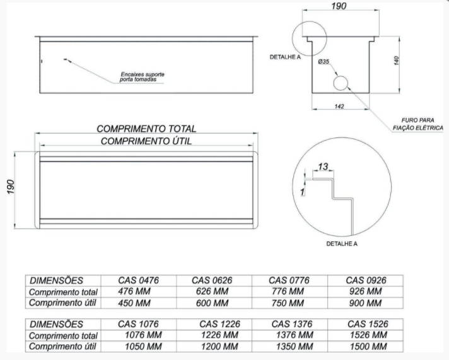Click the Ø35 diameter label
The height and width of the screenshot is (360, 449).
pos(324,62)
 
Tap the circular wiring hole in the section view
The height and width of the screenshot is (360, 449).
pos(341,83)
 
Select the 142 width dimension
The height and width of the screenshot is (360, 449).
pos(339,107)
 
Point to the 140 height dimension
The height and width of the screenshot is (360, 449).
pos(396,61)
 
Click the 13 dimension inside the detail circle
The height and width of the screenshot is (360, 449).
pos(323,166)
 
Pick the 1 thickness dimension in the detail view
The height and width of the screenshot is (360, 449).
pos(303,192)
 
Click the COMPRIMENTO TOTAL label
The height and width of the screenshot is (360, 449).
pos(146,129)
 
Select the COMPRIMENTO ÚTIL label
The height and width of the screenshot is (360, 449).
pos(146,141)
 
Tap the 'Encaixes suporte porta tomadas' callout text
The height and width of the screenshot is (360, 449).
pos(142,77)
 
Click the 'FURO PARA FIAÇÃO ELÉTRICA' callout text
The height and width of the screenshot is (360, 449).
pos(418,124)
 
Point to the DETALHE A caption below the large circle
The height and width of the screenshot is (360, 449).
pos(342,244)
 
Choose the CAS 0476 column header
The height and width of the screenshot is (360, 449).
pos(138,280)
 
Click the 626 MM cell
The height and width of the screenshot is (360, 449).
pos(212,291)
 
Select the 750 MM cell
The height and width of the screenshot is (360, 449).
pos(288,303)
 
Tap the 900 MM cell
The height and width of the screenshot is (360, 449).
pos(365,303)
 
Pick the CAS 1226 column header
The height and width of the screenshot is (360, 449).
pos(219,324)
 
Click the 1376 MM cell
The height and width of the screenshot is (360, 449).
pos(294,335)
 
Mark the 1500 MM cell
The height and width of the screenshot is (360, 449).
pos(368,347)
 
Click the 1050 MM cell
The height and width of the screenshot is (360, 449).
pos(143,347)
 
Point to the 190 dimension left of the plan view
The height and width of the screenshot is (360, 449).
pos(10,187)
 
